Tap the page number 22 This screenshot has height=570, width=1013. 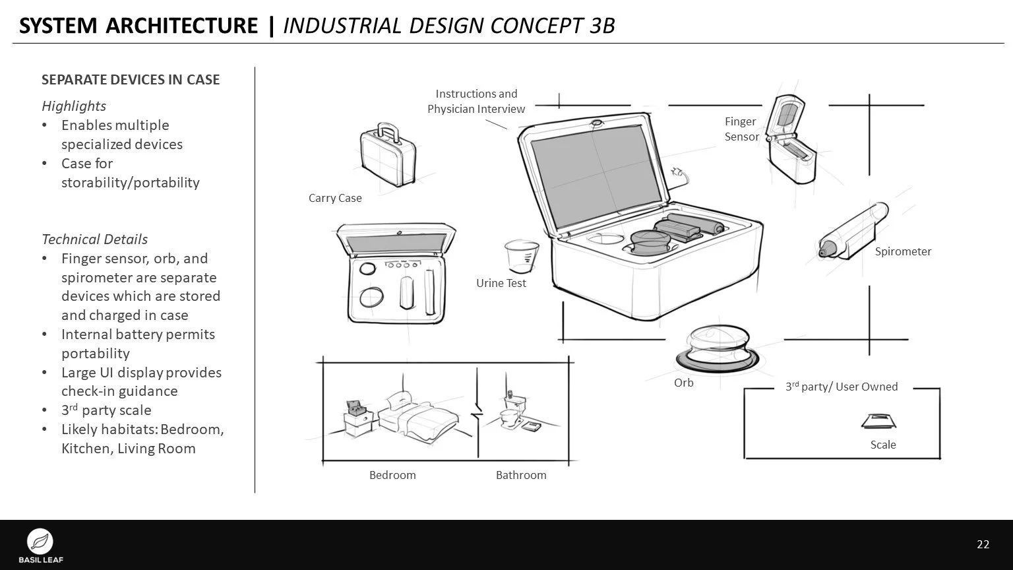(983, 544)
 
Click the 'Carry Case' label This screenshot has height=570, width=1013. (335, 198)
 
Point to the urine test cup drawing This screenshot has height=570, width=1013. (521, 257)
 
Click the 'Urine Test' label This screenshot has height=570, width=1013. (501, 283)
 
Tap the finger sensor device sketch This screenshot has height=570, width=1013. (791, 139)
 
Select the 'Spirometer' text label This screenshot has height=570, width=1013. (903, 251)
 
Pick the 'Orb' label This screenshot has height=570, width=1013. (683, 383)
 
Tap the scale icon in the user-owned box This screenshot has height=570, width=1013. (878, 421)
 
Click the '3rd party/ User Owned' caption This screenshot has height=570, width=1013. (841, 387)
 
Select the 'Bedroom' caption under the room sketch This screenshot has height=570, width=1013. (392, 475)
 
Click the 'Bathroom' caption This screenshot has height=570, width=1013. (521, 475)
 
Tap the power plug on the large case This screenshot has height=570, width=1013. (677, 174)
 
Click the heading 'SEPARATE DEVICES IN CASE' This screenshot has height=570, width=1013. (131, 80)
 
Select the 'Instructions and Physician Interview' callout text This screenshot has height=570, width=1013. (476, 102)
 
